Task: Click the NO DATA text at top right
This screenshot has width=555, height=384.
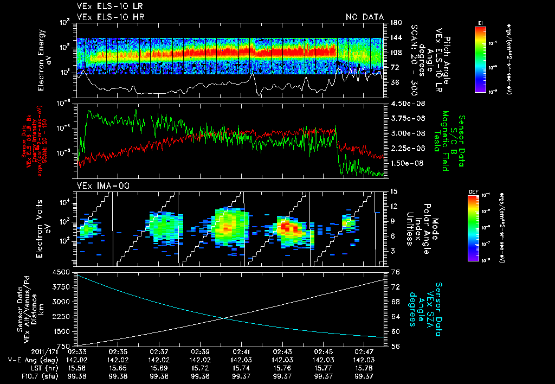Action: (x=364, y=17)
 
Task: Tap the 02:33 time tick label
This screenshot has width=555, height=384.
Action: (x=77, y=352)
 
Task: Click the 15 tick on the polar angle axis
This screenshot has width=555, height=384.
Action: (x=392, y=191)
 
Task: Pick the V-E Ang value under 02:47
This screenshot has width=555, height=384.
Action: (x=363, y=360)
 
